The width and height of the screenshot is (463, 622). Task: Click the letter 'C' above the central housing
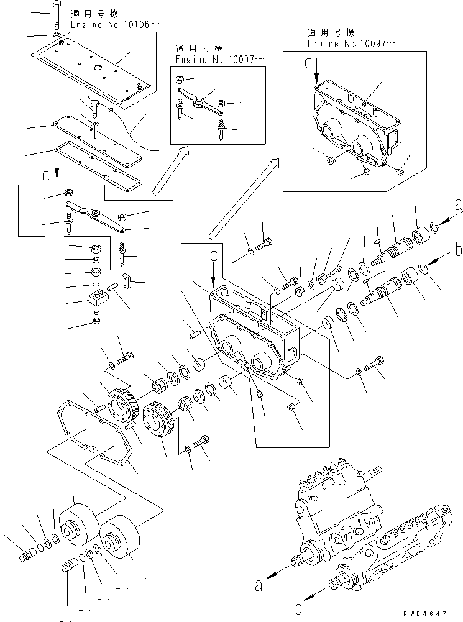[213, 255]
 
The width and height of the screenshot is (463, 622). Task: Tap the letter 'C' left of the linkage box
[45, 176]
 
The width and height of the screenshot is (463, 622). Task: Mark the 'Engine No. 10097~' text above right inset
[351, 44]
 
